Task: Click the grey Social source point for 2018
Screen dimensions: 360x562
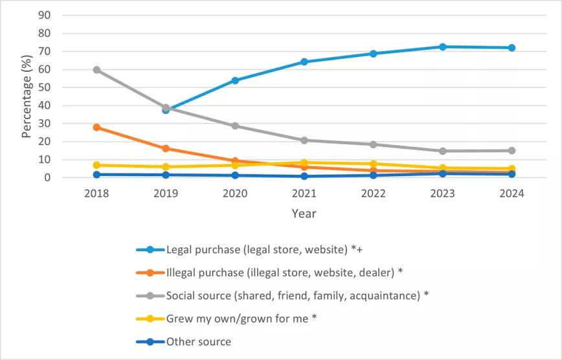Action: click(96, 69)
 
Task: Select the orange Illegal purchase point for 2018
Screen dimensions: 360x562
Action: click(96, 127)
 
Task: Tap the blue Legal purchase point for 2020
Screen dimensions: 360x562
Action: click(235, 80)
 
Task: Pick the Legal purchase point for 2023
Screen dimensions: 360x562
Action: click(442, 47)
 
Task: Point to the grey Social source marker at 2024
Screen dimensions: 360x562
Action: click(511, 150)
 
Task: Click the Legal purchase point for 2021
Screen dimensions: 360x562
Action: click(304, 62)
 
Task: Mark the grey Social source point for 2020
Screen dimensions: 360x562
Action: click(235, 126)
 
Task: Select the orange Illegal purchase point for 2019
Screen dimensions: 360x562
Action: click(166, 148)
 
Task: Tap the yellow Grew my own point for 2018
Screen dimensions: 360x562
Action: click(96, 165)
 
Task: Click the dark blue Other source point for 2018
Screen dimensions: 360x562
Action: click(96, 174)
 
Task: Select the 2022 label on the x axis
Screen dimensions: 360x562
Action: click(373, 194)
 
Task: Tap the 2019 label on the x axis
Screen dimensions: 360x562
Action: click(166, 194)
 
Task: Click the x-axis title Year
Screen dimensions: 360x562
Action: click(304, 213)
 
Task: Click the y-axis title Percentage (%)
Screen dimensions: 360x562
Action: click(27, 97)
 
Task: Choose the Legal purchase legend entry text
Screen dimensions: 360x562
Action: click(267, 249)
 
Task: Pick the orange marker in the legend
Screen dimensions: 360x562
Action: click(150, 272)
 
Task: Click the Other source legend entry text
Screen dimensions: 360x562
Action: click(198, 341)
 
